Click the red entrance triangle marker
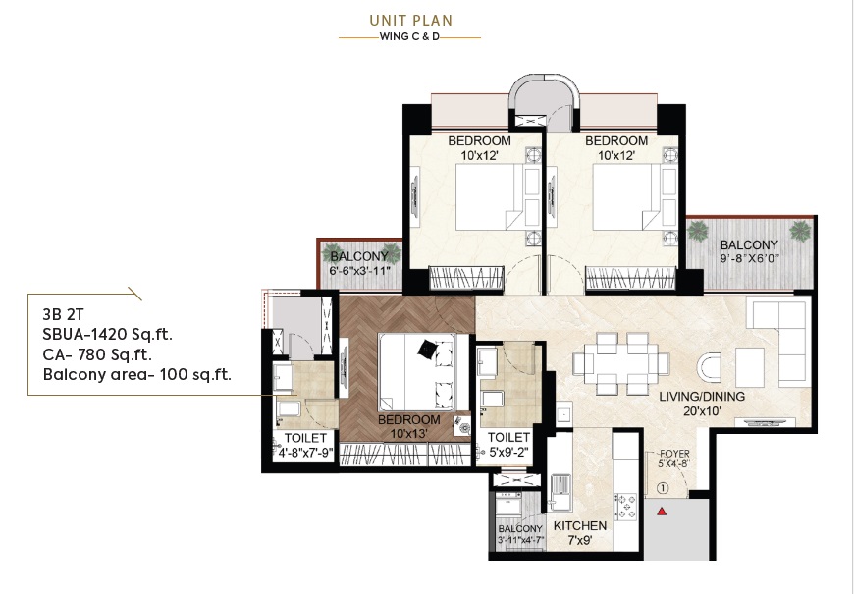pyautogui.click(x=662, y=512)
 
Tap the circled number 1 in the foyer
pyautogui.click(x=663, y=489)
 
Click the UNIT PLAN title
pyautogui.click(x=411, y=21)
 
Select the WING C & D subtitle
pyautogui.click(x=409, y=37)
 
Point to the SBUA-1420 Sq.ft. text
pyautogui.click(x=108, y=334)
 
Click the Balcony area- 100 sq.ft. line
pyautogui.click(x=137, y=375)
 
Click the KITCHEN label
pyautogui.click(x=580, y=526)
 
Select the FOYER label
pyautogui.click(x=674, y=454)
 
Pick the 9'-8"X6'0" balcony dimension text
pyautogui.click(x=749, y=259)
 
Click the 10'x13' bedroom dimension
pyautogui.click(x=409, y=434)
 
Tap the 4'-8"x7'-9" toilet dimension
pyautogui.click(x=305, y=452)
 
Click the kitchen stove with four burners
pyautogui.click(x=625, y=507)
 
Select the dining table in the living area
pyautogui.click(x=621, y=364)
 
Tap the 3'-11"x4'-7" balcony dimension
pyautogui.click(x=521, y=541)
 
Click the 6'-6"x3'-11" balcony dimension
pyautogui.click(x=360, y=270)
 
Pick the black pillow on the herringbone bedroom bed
pyautogui.click(x=427, y=349)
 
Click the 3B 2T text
pyautogui.click(x=63, y=314)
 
